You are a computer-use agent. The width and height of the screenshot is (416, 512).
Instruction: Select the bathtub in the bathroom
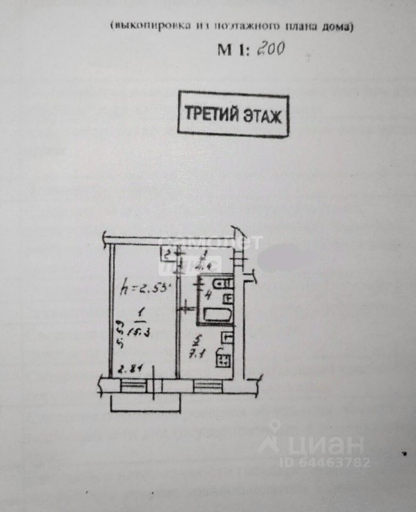tap(216, 315)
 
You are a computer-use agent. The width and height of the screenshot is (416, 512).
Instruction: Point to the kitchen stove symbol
tap(223, 359)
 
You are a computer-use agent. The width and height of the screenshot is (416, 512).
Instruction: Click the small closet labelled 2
tap(167, 254)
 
